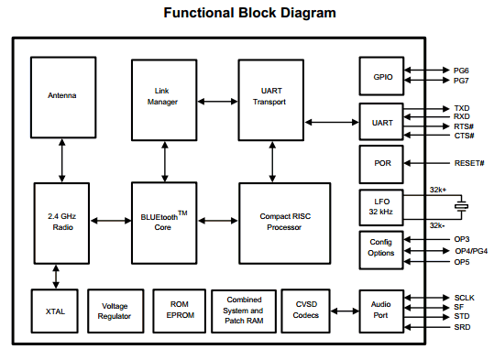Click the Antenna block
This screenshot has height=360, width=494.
pos(63,97)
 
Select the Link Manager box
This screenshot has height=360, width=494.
pos(164,100)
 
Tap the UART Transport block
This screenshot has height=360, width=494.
pos(271,100)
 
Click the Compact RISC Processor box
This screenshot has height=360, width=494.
pos(285,223)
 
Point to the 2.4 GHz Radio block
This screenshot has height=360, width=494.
pos(61,223)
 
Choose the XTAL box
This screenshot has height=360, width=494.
pos(55,311)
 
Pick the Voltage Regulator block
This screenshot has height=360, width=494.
pos(115,311)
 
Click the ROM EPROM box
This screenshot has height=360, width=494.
pos(180,311)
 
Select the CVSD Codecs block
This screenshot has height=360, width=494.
pos(305,311)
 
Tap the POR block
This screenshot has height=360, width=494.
pos(381,164)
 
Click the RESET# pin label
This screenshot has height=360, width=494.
pos(469,163)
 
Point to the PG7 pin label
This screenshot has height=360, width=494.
pos(461,81)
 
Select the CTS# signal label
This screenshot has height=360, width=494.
pos(464,136)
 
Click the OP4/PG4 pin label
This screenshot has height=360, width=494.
pos(471,251)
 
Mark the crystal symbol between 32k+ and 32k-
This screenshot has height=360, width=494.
pos(462,206)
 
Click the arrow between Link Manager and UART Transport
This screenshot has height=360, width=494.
pos(218,102)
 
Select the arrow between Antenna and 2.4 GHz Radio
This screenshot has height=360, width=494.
pos(62,160)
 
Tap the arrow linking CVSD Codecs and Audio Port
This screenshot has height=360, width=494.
pos(345,311)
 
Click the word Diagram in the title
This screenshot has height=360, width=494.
pos(308,14)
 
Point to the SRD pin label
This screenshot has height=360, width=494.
pos(462,327)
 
